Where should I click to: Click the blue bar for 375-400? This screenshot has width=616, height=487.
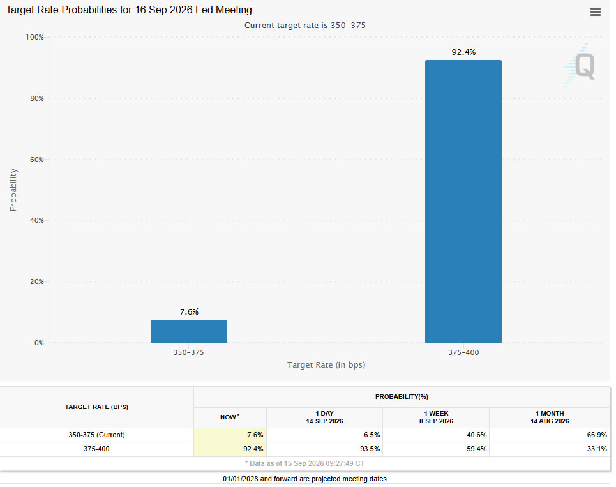[463, 202]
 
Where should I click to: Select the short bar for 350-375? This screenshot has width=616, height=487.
[189, 331]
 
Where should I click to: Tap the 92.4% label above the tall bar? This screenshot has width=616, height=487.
[463, 52]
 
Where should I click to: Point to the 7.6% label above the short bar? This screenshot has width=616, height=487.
[189, 312]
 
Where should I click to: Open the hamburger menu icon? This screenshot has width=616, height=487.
[595, 11]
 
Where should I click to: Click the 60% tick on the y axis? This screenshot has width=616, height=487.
[37, 160]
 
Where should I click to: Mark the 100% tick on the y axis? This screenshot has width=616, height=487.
[34, 37]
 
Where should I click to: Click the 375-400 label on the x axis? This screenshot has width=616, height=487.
[463, 352]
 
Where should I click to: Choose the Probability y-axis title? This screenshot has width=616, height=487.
[13, 190]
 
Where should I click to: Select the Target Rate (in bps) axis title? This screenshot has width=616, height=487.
[326, 365]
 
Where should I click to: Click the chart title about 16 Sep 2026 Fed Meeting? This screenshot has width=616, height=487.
[129, 10]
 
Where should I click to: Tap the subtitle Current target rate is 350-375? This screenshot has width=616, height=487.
[305, 25]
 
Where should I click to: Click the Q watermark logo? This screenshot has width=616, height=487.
[581, 66]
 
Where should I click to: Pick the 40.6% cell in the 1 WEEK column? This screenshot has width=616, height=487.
[477, 435]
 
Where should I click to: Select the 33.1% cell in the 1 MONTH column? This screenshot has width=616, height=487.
[597, 449]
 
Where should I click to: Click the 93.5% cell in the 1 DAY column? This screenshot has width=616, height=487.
[370, 449]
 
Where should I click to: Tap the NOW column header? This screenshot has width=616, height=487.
[230, 417]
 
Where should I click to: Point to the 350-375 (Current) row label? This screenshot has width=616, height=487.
[96, 435]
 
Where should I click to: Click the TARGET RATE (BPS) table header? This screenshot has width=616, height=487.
[96, 407]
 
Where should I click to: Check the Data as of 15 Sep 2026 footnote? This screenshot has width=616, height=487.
[305, 463]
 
